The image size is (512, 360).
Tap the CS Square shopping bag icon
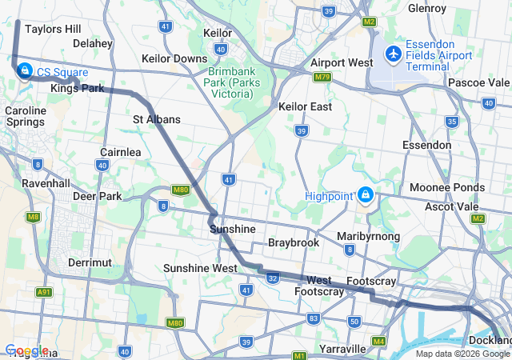coord(25,71)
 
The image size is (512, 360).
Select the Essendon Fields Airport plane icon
coord(393,54)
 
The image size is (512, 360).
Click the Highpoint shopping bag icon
coord(366,194)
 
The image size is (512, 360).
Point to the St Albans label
coord(157,119)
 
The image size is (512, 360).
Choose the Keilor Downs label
coord(174,58)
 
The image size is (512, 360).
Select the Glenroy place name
coord(426,9)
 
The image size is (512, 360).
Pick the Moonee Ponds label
coord(447,187)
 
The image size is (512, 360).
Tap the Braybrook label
coord(294,242)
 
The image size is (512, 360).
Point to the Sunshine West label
coord(200,268)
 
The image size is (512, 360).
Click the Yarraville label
coord(342,350)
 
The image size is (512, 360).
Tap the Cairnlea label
coord(121,152)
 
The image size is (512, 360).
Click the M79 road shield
coord(322,78)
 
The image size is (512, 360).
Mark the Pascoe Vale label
coord(478,82)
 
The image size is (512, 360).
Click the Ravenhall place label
coord(47,182)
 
